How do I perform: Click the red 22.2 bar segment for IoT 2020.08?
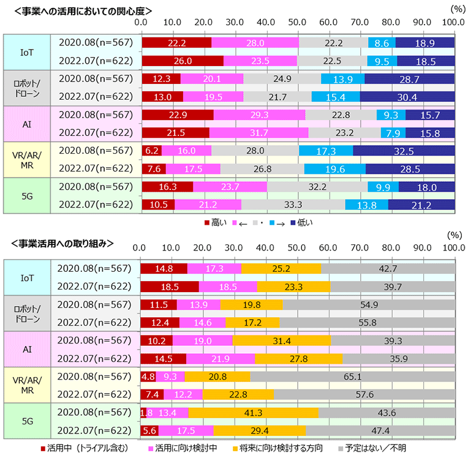(176, 43)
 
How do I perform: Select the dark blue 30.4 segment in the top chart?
(407, 97)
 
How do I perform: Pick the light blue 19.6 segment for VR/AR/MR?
(335, 168)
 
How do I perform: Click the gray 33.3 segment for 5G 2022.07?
(293, 204)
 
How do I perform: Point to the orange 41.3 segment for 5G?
(253, 412)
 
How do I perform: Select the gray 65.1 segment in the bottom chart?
(352, 377)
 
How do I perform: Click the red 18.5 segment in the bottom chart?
(169, 287)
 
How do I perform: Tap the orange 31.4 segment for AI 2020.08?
(282, 340)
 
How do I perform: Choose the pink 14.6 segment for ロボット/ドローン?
(202, 323)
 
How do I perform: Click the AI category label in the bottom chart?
(27, 350)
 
